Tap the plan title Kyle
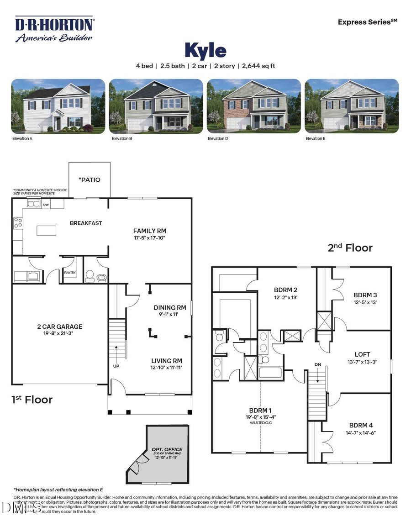coord(205,50)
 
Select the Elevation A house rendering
coord(58,106)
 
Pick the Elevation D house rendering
coord(254,106)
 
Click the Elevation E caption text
coord(316,138)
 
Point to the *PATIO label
coord(89,179)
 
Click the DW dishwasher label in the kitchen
coord(46,205)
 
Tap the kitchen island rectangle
coord(46,231)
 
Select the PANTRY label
coord(70,274)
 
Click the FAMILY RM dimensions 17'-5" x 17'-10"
coord(150,237)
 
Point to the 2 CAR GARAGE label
coord(60,327)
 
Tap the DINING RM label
coord(170,308)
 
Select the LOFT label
coord(362,354)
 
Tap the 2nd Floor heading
coord(350,248)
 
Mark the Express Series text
coord(367,22)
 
